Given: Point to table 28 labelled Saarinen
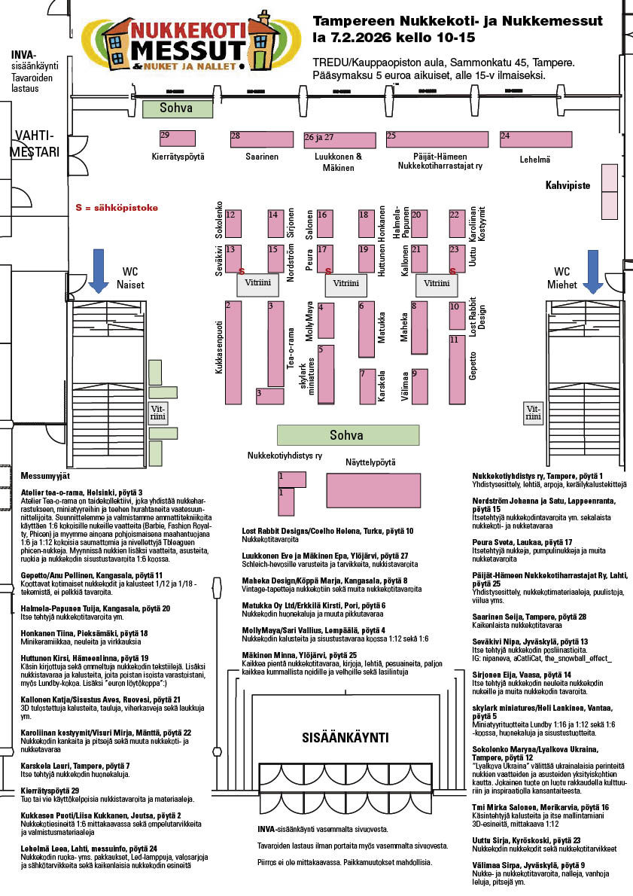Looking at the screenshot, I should point(261,139).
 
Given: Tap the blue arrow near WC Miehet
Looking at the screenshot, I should point(592,270).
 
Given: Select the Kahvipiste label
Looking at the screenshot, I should point(568,184).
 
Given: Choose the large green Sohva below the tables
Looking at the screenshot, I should point(346,435).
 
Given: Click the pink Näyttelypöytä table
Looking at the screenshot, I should point(373,490).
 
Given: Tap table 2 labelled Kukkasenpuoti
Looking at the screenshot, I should point(233,350).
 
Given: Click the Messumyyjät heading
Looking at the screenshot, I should point(45,476).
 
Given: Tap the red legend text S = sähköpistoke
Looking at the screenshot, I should point(117,208).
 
